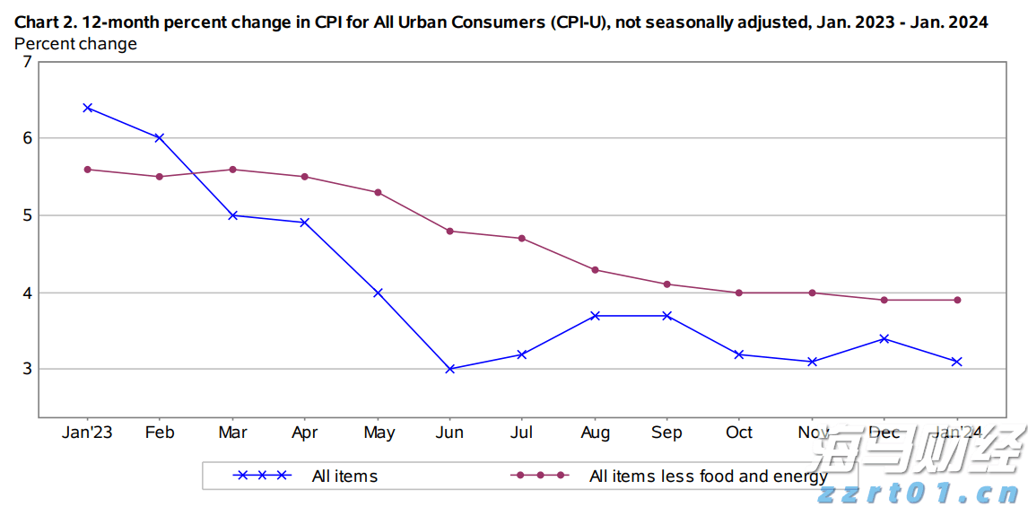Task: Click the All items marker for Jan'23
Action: click(87, 108)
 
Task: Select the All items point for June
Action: click(449, 369)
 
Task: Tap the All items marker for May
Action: click(378, 293)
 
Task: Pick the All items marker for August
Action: click(595, 316)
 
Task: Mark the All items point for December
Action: click(884, 338)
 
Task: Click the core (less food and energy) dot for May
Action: click(378, 192)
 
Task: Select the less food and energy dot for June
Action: click(449, 232)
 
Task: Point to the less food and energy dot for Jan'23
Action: click(87, 169)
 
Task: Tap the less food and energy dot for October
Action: click(739, 293)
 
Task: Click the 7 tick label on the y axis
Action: click(27, 61)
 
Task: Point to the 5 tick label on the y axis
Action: click(27, 215)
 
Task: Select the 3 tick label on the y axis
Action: click(27, 369)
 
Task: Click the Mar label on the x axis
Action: click(232, 433)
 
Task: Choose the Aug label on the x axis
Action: click(595, 433)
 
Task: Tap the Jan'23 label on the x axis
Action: click(87, 433)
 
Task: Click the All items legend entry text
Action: click(344, 476)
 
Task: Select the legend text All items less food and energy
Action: click(708, 476)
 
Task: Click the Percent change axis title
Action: click(76, 44)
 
